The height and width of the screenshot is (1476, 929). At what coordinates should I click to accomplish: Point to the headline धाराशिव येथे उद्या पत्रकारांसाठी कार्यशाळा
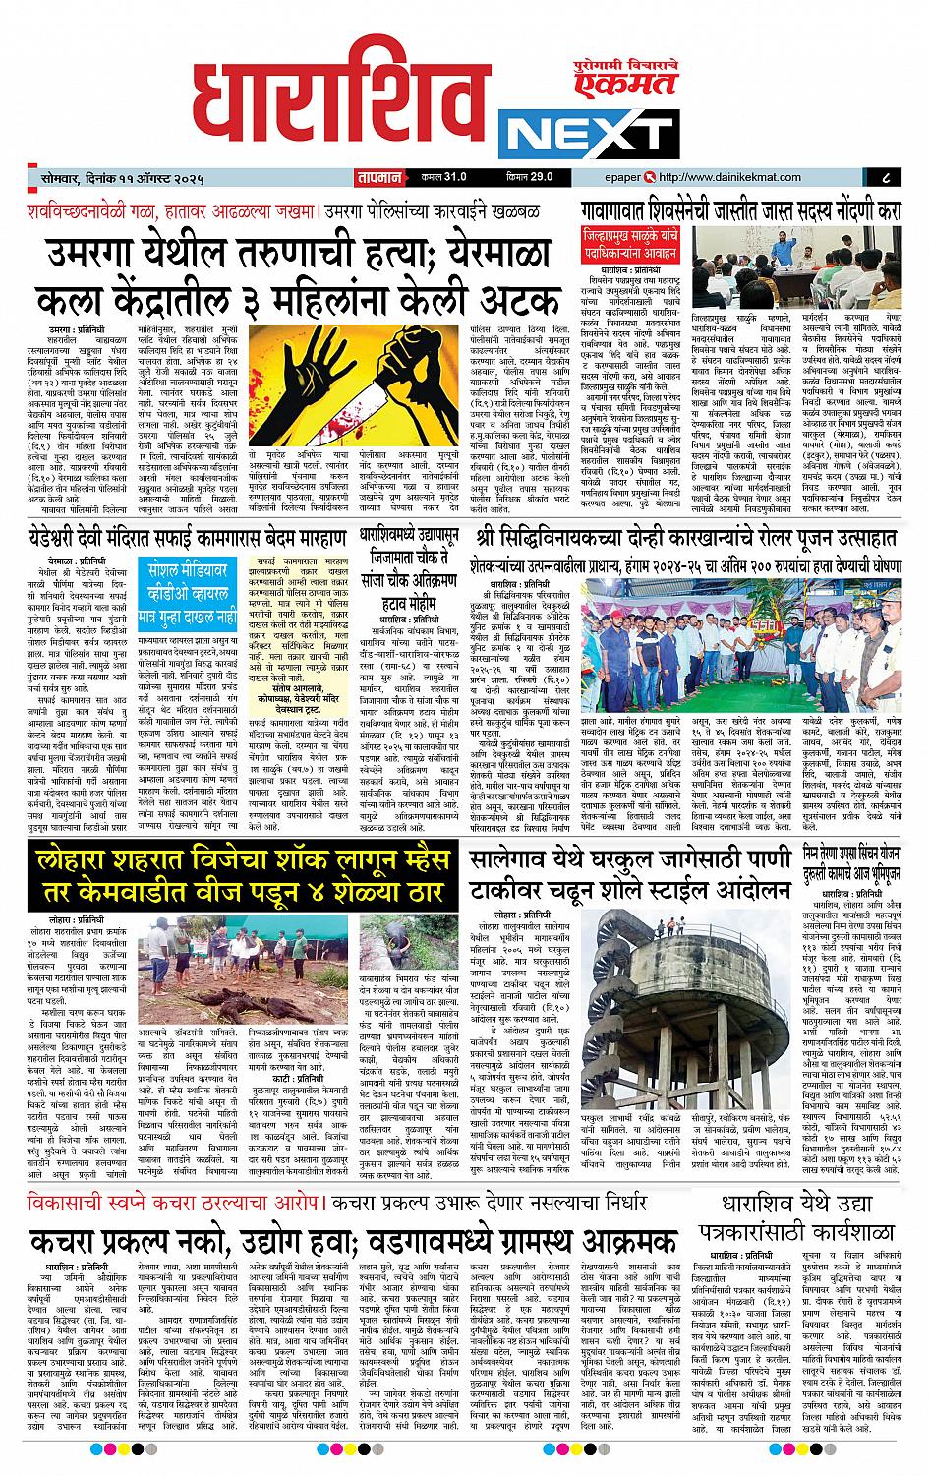coord(790,1222)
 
